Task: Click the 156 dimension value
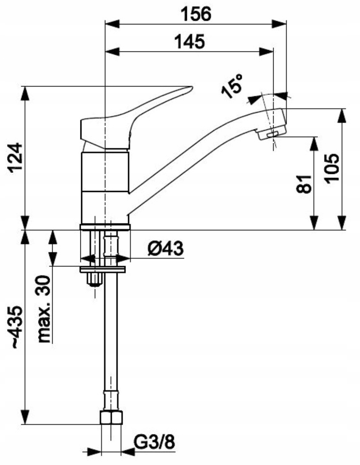(196, 14)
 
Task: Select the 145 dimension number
(189, 42)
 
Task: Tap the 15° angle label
(232, 86)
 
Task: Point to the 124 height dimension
(16, 157)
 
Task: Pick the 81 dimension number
(304, 183)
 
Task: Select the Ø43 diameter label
(165, 249)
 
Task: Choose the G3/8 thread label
(154, 442)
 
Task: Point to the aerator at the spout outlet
(271, 134)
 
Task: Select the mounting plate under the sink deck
(103, 270)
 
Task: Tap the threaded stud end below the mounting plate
(94, 281)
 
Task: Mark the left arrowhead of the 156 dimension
(112, 24)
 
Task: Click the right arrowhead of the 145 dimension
(267, 51)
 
